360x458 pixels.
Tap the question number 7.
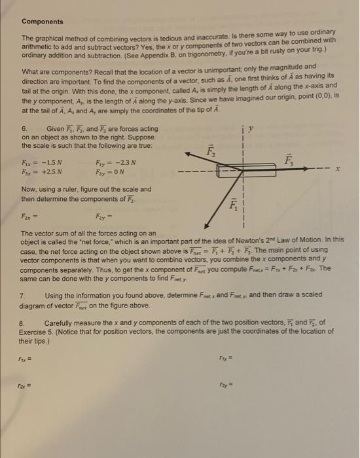24,296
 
